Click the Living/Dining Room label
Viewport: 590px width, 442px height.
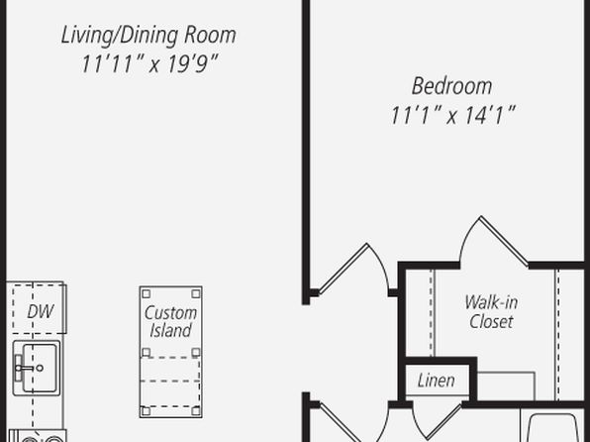coord(148,36)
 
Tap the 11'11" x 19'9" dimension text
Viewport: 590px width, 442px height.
coord(149,63)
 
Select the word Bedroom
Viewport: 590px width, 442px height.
coord(452,86)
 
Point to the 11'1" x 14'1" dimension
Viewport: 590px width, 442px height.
coord(452,115)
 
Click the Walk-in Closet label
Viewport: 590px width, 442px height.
coord(491,311)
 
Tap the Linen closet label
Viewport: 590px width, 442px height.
coord(437,381)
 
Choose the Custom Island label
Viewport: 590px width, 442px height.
coord(170,321)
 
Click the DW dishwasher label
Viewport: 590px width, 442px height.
coord(41,311)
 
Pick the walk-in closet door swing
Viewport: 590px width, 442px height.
coord(493,241)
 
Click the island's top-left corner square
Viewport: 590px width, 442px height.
coord(147,293)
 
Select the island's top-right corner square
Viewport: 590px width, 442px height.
coord(196,293)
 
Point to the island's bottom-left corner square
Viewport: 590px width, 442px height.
coord(147,410)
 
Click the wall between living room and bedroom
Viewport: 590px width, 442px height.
coord(306,151)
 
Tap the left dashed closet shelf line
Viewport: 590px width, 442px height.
coord(432,313)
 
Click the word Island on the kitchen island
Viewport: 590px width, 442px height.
coord(170,330)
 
